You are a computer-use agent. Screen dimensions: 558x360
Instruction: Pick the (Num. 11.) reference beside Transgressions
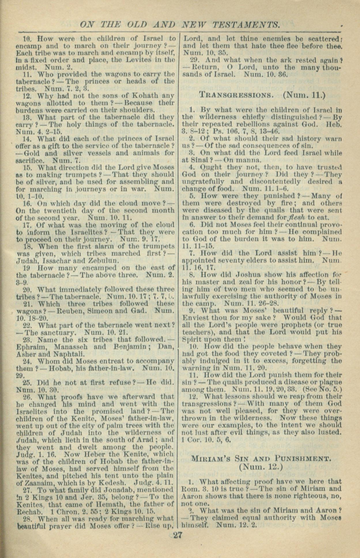(304, 95)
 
